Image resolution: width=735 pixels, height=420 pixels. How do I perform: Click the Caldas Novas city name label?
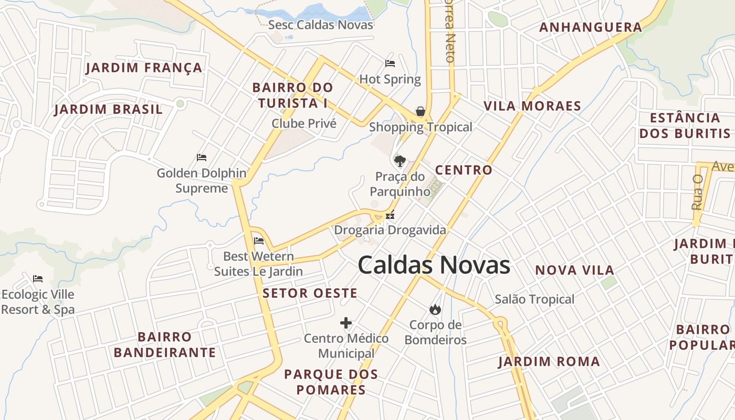(x=434, y=265)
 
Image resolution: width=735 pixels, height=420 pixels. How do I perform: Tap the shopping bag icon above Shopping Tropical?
(x=421, y=111)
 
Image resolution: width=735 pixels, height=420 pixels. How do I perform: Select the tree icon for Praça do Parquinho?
(x=400, y=161)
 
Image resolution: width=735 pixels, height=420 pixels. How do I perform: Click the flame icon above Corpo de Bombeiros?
(x=435, y=309)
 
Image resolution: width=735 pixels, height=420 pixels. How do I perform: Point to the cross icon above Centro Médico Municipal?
(x=346, y=323)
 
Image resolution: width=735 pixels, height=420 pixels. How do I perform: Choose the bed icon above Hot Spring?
(x=390, y=64)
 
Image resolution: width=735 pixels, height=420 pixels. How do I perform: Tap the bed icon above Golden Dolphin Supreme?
(x=202, y=157)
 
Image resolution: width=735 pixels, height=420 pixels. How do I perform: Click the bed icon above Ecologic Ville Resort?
(x=38, y=278)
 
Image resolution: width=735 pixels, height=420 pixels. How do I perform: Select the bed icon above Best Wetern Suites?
(x=259, y=241)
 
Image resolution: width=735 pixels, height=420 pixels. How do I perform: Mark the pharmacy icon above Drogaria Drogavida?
(x=390, y=214)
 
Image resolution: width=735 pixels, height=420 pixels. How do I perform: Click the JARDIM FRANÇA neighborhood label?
(x=144, y=68)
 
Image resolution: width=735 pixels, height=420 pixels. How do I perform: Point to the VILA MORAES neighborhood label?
(x=532, y=106)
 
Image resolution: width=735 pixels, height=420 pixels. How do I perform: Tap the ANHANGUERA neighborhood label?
(x=591, y=27)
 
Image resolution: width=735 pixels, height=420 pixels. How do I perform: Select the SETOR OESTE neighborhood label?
(x=310, y=293)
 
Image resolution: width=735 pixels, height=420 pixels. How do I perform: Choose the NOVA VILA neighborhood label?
(x=574, y=270)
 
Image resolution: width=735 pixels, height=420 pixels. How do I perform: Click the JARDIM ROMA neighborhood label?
(x=549, y=361)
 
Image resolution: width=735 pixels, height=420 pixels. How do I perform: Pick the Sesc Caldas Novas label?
(x=321, y=25)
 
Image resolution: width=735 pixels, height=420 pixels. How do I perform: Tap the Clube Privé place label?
(x=304, y=123)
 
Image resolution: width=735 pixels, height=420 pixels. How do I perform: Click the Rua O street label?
(x=697, y=192)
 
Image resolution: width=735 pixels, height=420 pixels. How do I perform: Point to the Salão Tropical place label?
(x=534, y=299)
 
